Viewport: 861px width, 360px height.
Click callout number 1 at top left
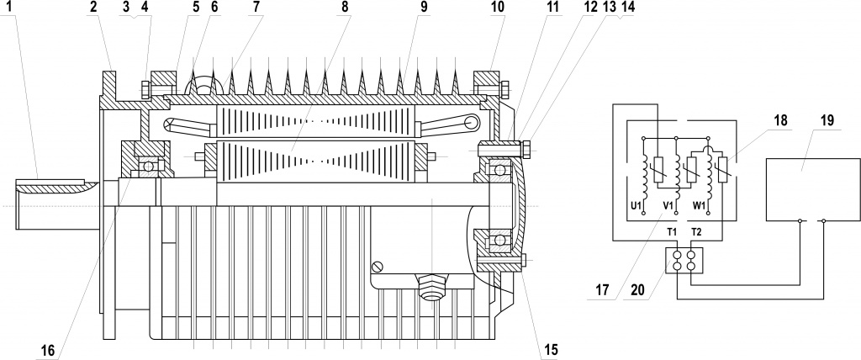11,8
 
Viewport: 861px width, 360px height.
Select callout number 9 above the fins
423,8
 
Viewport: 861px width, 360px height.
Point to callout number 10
498,8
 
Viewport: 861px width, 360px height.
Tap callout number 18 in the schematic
782,121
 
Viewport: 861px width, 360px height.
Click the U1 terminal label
637,205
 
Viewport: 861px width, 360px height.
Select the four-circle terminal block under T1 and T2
684,260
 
